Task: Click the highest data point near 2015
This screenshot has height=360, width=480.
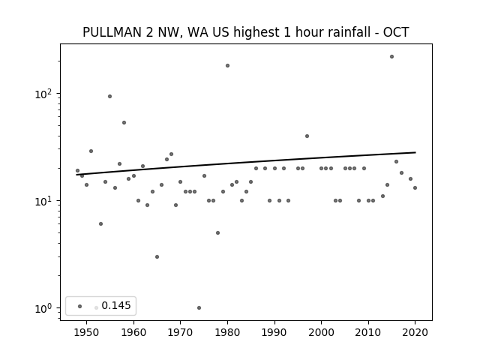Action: [x=391, y=57]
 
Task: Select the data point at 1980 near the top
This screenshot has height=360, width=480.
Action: [x=227, y=65]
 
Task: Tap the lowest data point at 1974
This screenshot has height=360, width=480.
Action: [x=199, y=307]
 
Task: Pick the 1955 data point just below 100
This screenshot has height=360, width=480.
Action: [x=109, y=97]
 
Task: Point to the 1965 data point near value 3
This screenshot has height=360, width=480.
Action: [x=157, y=256]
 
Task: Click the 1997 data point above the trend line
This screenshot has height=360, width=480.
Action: [x=307, y=136]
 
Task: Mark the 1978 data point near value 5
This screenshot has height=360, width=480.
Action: [x=217, y=233]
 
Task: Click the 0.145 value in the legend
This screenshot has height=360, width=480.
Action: [x=116, y=305]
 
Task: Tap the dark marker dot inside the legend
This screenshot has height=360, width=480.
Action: [x=79, y=306]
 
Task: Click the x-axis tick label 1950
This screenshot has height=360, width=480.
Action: [x=87, y=332]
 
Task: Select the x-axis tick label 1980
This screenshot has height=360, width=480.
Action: [x=227, y=332]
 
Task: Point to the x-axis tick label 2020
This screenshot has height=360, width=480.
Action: [x=415, y=332]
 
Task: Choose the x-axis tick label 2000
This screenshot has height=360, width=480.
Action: [x=322, y=332]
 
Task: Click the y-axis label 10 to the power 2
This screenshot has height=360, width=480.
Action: [x=43, y=94]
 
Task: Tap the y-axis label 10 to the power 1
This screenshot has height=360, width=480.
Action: [x=43, y=201]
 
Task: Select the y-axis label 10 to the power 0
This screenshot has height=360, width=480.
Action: [x=43, y=308]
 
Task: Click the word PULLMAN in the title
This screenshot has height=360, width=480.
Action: [x=112, y=32]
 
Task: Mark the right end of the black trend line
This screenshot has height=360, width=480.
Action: [x=415, y=152]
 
